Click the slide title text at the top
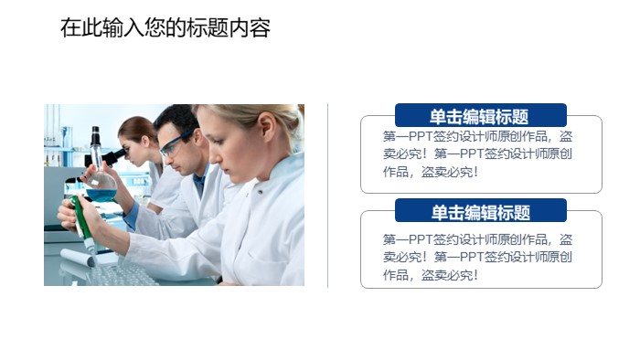[x=165, y=28]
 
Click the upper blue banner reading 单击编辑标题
[x=480, y=116]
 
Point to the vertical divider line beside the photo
[x=328, y=196]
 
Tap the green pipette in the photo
[x=83, y=225]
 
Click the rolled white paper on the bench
[x=77, y=259]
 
